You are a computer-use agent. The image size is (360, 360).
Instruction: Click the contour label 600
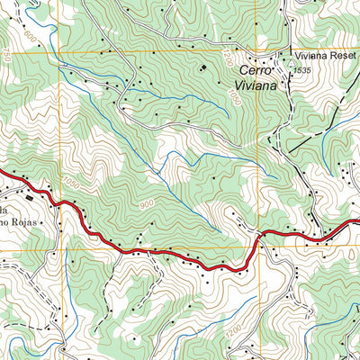click(x=34, y=37)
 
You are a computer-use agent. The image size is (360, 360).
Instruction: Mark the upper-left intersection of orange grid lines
click(x=60, y=51)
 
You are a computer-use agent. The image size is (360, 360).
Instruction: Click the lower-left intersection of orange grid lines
click(x=60, y=249)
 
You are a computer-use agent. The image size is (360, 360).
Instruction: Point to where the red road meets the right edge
click(x=357, y=222)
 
